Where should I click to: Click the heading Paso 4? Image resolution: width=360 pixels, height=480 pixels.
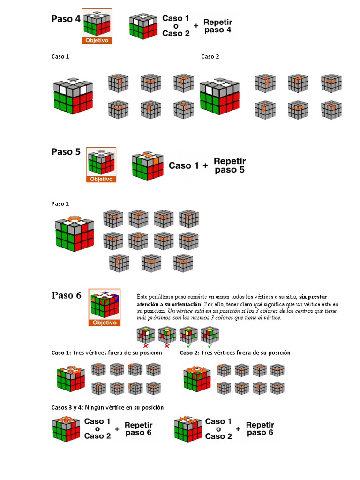[66, 19]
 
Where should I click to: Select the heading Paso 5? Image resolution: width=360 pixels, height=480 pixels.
[66, 152]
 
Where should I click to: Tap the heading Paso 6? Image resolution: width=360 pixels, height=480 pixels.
[67, 295]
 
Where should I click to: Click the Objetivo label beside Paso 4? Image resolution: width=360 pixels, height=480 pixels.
[97, 41]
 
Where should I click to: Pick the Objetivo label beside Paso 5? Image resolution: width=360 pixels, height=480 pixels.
[102, 179]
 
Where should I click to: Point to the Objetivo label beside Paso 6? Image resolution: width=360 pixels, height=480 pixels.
[105, 322]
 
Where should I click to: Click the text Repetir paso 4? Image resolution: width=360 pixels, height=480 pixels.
[218, 25]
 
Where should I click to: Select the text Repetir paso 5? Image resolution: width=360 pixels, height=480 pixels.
[230, 165]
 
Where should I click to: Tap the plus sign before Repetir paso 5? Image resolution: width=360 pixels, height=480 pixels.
[205, 165]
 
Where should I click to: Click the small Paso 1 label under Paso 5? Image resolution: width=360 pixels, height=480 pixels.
[60, 203]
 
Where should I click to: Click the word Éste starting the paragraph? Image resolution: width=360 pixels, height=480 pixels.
[142, 297]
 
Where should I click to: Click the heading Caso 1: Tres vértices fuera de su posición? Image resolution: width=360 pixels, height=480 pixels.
[107, 353]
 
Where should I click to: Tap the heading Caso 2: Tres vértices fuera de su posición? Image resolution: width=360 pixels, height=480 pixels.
[235, 353]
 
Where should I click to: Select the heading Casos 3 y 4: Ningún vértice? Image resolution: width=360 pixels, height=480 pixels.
[108, 407]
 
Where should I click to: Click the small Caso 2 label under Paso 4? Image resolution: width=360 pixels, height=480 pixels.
[210, 57]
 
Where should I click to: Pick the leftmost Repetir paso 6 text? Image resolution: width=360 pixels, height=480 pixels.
[138, 429]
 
